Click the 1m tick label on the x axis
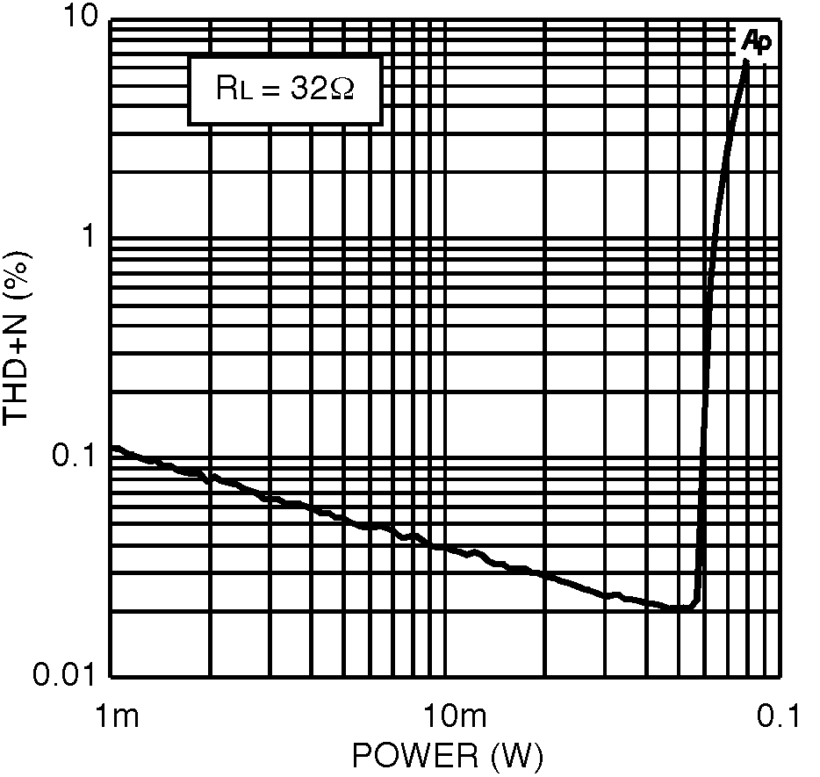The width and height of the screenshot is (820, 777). [x=114, y=716]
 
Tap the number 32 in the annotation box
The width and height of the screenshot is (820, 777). [x=307, y=89]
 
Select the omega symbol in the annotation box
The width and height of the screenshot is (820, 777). [x=341, y=89]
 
